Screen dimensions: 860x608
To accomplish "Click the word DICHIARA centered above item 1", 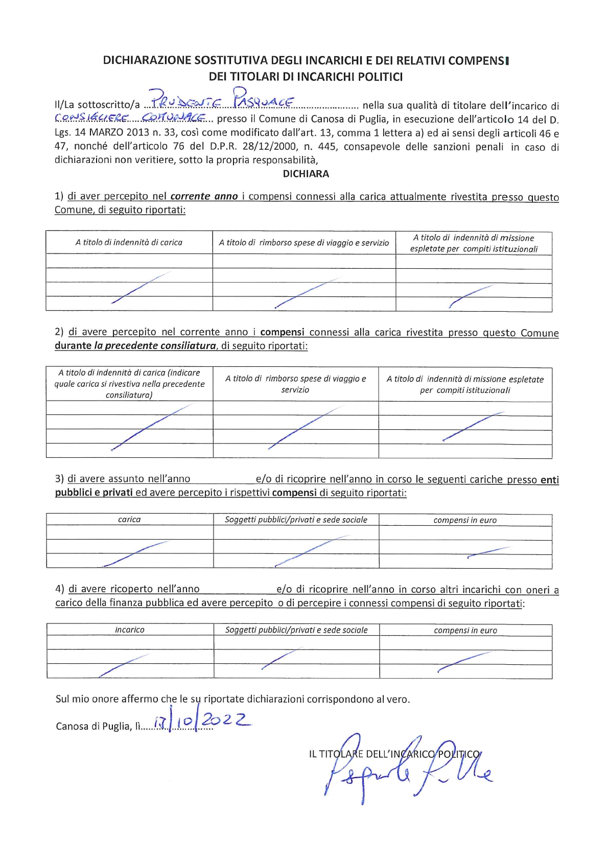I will point(306,174).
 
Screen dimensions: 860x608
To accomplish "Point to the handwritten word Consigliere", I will point(90,118).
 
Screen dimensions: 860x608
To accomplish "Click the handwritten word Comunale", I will point(174,118).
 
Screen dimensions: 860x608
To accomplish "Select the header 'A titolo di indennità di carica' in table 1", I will point(129,242).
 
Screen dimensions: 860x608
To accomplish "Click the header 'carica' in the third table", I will point(129,519).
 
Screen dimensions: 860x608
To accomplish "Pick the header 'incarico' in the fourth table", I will point(130,630).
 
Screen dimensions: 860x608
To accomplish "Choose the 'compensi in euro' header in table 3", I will point(465,520).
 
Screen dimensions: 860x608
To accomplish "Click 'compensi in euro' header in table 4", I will point(465,630).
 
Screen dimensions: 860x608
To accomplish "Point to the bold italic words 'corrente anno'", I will point(204,196).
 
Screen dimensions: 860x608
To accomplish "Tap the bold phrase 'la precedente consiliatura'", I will point(155,345).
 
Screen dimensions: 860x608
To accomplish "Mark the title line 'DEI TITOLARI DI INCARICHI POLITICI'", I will point(306,77).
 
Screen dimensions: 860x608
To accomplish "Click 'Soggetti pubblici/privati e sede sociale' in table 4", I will point(296,630).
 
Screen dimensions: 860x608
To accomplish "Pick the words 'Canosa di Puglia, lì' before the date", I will point(97,726).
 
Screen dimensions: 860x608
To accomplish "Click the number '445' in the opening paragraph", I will point(326,147).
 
